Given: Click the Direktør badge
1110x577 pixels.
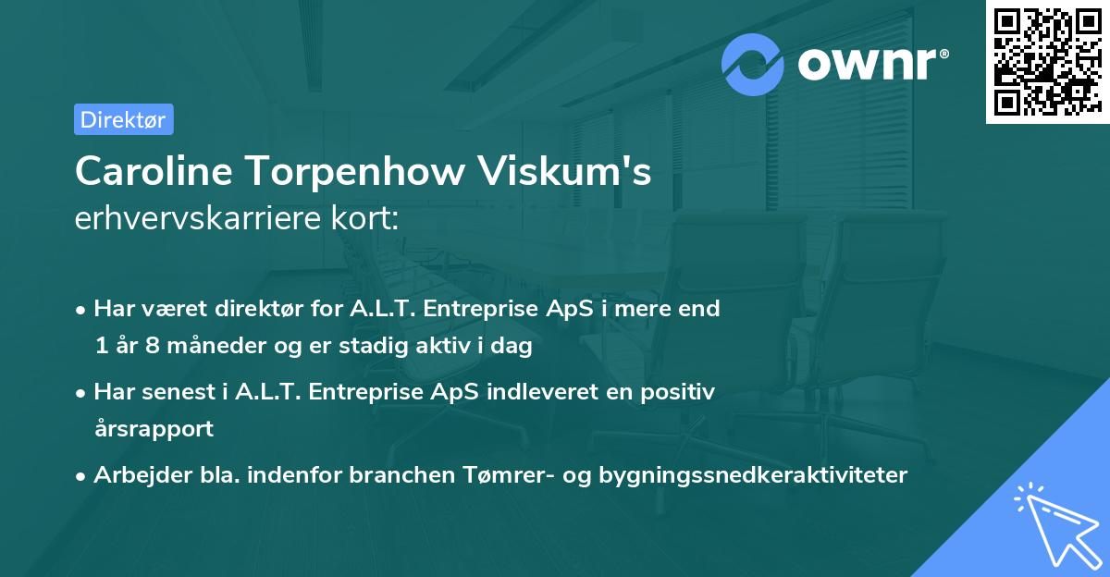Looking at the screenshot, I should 123,119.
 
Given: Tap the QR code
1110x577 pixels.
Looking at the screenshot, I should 1047,61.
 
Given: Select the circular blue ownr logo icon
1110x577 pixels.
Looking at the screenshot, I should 754,65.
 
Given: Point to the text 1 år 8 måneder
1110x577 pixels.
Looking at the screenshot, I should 172,346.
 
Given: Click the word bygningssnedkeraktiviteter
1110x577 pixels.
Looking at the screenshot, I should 753,475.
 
